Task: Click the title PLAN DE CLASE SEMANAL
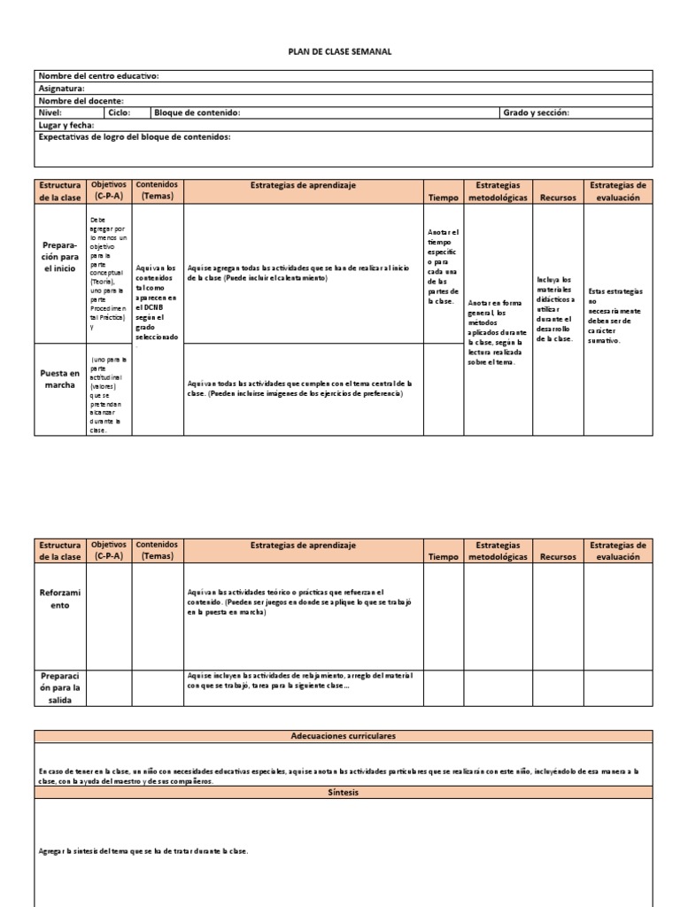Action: pyautogui.click(x=340, y=52)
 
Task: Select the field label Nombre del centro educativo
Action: pyautogui.click(x=98, y=76)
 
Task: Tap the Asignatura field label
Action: pyautogui.click(x=62, y=89)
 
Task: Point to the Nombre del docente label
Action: pyautogui.click(x=81, y=101)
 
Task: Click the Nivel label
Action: pyautogui.click(x=50, y=112)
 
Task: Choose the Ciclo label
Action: pyautogui.click(x=119, y=112)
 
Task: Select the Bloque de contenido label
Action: pyautogui.click(x=197, y=112)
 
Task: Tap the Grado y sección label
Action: pyautogui.click(x=536, y=112)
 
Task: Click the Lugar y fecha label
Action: pyautogui.click(x=66, y=125)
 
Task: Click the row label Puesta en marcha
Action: pyautogui.click(x=60, y=379)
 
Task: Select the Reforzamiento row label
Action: pyautogui.click(x=60, y=598)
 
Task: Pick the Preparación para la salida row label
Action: pyautogui.click(x=60, y=687)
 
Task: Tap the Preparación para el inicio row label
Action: pyautogui.click(x=60, y=255)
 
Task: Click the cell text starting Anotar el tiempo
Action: pyautogui.click(x=443, y=266)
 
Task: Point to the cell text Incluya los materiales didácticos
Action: pyautogui.click(x=555, y=308)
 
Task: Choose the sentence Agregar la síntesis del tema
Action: pyautogui.click(x=144, y=851)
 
